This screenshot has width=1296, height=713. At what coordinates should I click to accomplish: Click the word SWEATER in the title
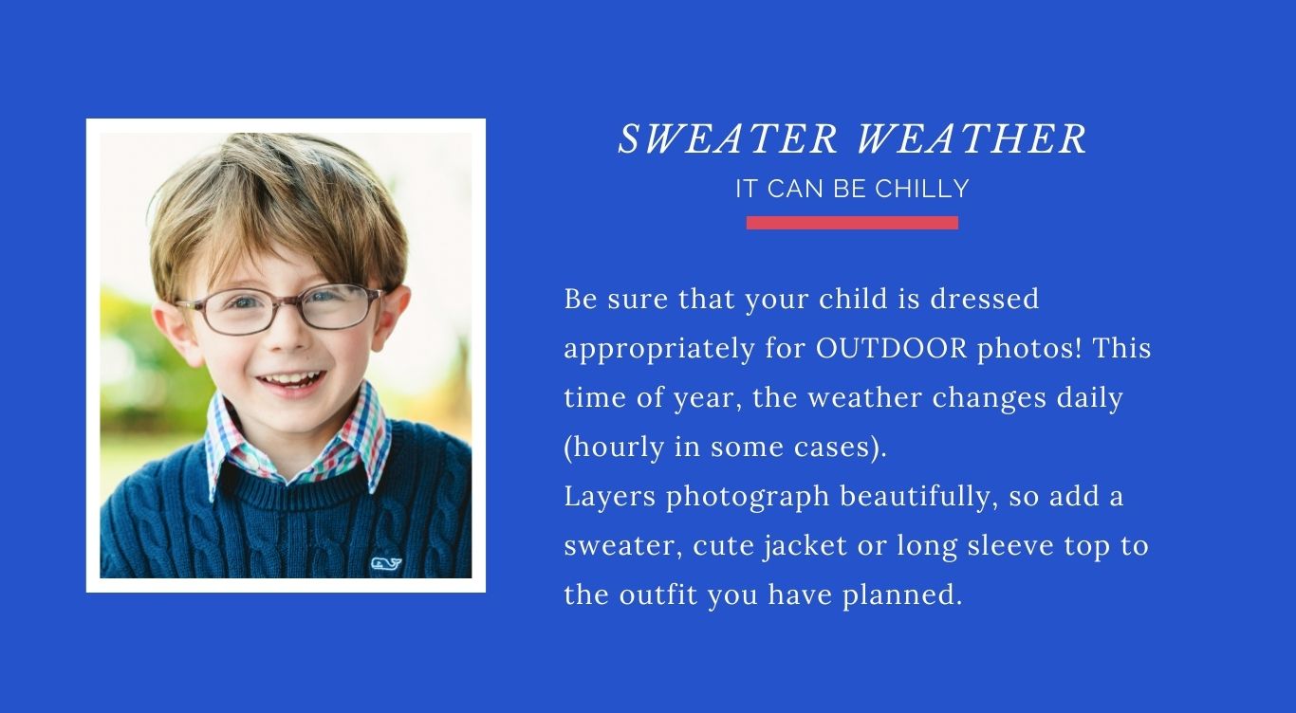pyautogui.click(x=728, y=138)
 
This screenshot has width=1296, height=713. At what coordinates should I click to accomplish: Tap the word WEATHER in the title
pyautogui.click(x=972, y=138)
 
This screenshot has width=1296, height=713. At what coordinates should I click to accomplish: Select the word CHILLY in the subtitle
pyautogui.click(x=922, y=189)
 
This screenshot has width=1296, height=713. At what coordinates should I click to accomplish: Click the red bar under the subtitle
pyautogui.click(x=852, y=223)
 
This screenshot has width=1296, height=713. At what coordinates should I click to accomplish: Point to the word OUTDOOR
pyautogui.click(x=892, y=348)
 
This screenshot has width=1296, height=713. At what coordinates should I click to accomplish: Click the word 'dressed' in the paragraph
pyautogui.click(x=985, y=299)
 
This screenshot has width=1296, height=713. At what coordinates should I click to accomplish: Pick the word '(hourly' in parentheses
pyautogui.click(x=615, y=448)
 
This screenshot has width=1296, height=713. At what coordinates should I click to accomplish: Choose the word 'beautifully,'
pyautogui.click(x=918, y=497)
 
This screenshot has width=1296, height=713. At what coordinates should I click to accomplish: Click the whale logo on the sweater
pyautogui.click(x=386, y=563)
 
